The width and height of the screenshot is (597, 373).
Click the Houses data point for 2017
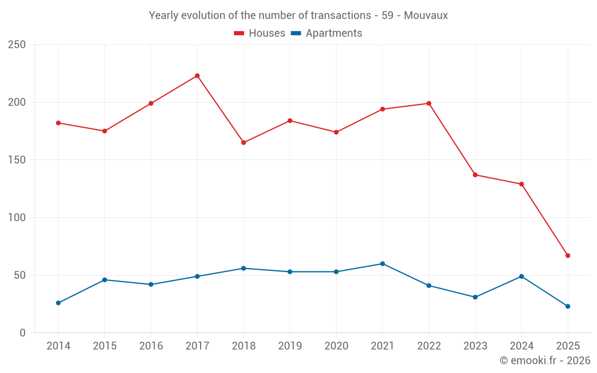pos(197,76)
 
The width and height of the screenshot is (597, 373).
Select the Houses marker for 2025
pos(568,255)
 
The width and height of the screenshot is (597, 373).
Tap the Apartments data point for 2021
pos(383,264)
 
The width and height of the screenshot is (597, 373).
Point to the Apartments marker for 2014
pos(59,303)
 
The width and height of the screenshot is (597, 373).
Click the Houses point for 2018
pos(244,143)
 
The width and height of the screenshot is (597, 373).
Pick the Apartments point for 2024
pos(522,276)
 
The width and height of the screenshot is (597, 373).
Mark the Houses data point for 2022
pos(429,103)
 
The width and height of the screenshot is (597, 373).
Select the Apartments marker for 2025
pos(568,306)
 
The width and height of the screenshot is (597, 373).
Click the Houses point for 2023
pos(475,175)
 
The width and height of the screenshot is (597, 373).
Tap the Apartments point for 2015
pos(104,280)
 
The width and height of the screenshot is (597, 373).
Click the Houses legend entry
pos(260,33)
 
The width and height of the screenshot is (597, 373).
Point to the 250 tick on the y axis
pos(17,45)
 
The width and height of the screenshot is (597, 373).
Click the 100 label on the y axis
pos(17,218)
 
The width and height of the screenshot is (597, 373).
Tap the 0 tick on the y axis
pos(23,333)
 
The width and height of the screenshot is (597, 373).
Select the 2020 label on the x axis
pos(336,346)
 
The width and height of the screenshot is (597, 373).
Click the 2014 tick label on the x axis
pos(59,346)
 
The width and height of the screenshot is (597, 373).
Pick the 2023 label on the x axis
pos(475,346)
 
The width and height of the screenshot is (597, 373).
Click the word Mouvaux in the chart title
pos(426,16)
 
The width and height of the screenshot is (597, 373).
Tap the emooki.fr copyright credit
pos(545,360)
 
